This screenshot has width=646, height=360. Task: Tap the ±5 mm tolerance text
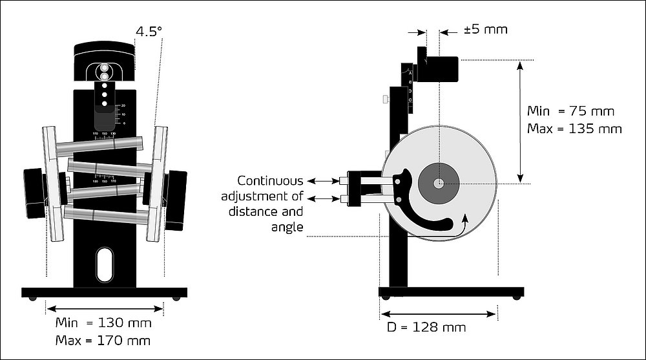pos(486,30)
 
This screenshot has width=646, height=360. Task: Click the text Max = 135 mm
pos(574,129)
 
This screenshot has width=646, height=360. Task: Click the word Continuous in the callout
pos(270,181)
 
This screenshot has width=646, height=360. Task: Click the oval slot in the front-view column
pos(104,265)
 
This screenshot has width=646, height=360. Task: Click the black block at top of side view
pos(439,69)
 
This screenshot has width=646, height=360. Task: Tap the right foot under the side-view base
pos(516,297)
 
